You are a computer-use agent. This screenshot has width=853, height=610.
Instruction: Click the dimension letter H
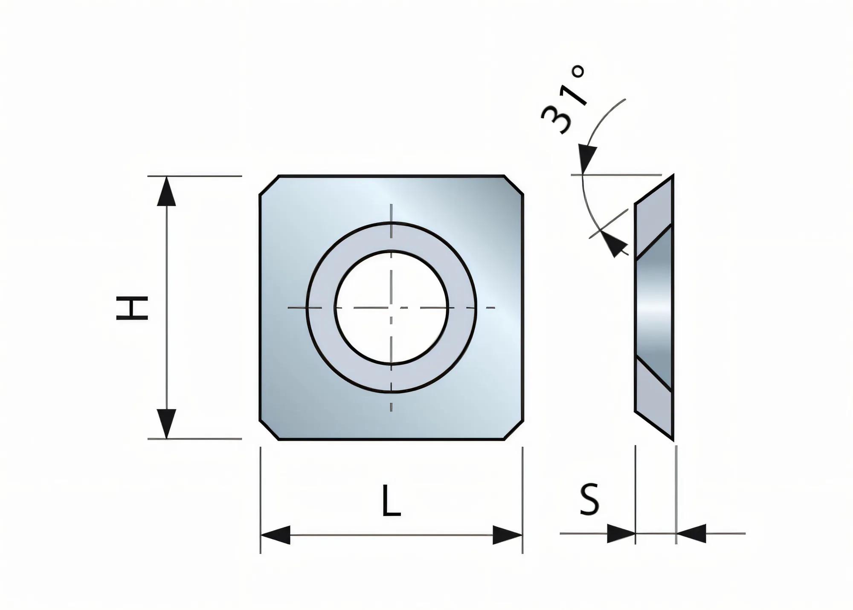click(132, 308)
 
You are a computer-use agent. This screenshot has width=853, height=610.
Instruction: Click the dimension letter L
click(391, 500)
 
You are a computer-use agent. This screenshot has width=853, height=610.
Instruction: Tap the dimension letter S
click(589, 499)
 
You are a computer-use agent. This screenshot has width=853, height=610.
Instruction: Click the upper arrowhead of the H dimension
click(166, 192)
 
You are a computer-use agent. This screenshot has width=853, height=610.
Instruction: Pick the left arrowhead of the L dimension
click(276, 535)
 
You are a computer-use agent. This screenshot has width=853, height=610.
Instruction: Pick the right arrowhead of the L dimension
click(508, 535)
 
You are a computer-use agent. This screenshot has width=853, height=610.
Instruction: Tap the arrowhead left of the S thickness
click(621, 534)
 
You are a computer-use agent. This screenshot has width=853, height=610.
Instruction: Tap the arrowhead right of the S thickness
click(691, 534)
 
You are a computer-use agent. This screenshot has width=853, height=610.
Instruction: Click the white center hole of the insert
click(392, 307)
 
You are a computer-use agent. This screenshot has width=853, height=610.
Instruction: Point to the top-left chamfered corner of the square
click(269, 185)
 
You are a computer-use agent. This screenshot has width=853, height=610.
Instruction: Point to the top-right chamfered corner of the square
click(514, 185)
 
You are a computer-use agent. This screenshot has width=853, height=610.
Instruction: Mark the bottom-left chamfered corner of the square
click(269, 430)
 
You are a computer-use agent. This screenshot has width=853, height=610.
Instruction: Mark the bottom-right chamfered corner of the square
click(514, 430)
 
